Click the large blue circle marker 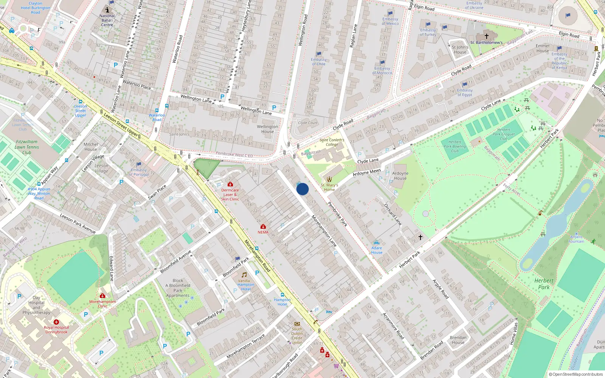[x=302, y=189]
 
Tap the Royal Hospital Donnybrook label [x=56, y=330]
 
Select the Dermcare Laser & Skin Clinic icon [x=230, y=184]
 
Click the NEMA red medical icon [x=263, y=226]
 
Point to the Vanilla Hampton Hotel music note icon [x=244, y=275]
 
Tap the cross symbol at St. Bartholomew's [x=487, y=36]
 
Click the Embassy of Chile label [x=318, y=62]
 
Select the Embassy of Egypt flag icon [x=465, y=85]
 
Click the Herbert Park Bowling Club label [x=455, y=146]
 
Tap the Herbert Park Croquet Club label [x=504, y=134]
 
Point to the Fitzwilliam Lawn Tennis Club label [x=26, y=147]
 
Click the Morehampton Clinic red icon [x=102, y=296]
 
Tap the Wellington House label [x=267, y=129]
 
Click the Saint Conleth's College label [x=332, y=142]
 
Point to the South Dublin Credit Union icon [x=297, y=324]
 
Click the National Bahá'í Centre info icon [x=107, y=10]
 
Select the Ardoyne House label [x=400, y=176]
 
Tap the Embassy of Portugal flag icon [x=139, y=164]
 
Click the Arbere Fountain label [x=576, y=239]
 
